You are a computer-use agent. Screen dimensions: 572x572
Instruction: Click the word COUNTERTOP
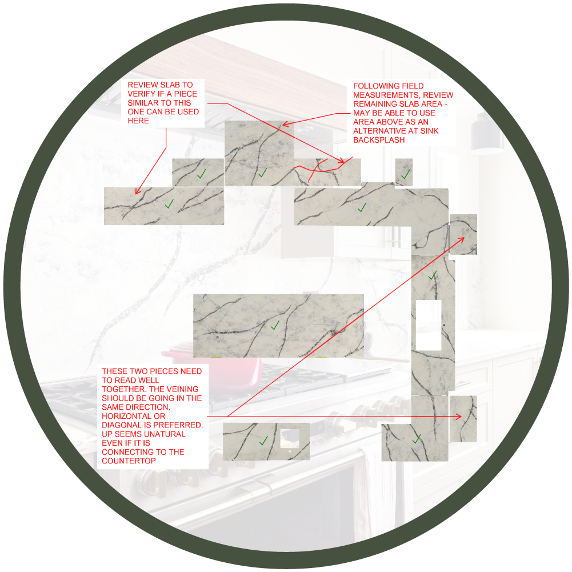[x=129, y=461]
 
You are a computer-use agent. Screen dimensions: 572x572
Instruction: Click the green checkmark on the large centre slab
[x=275, y=325]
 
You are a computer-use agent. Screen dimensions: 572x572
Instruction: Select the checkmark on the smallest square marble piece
[x=405, y=174]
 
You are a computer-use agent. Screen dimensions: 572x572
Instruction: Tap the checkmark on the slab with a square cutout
[x=263, y=441]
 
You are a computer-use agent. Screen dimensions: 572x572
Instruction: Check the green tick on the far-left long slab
[x=169, y=203]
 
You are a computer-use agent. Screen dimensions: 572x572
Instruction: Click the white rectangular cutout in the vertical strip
[x=428, y=325]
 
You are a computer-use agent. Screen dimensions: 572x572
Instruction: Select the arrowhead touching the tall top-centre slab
[x=285, y=123]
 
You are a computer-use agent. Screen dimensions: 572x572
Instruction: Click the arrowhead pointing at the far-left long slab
[x=135, y=194]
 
